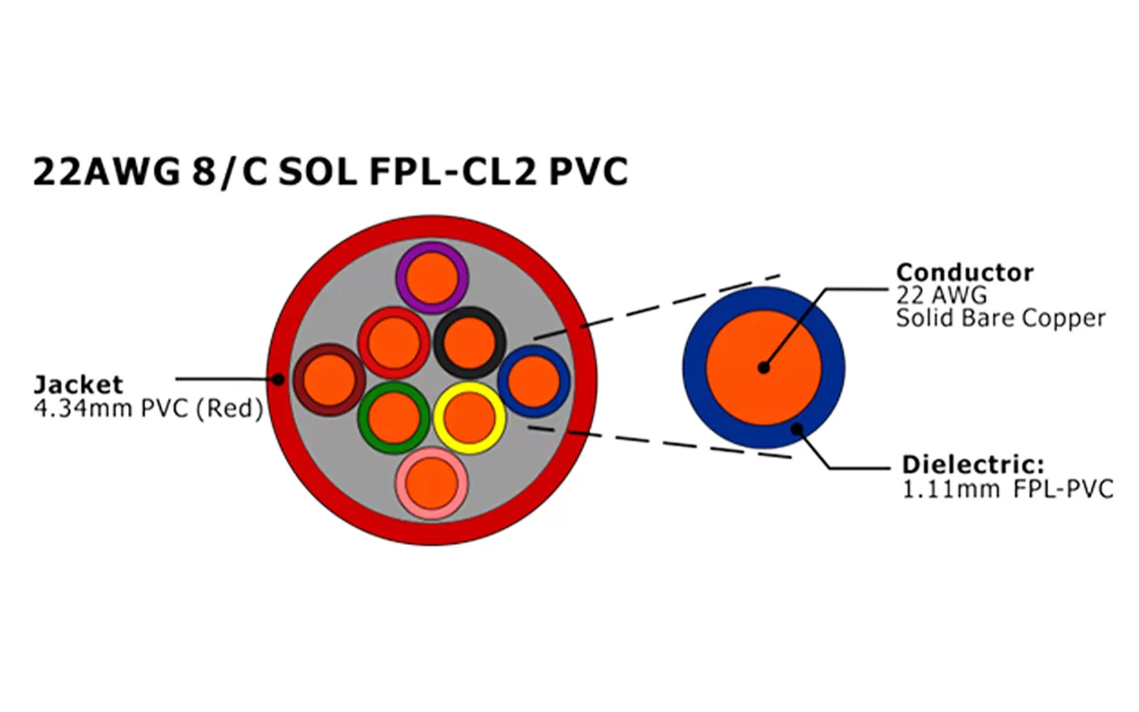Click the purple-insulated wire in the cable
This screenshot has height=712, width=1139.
point(432,277)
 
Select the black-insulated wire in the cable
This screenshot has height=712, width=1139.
point(470,342)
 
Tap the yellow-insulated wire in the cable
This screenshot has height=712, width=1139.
point(470,418)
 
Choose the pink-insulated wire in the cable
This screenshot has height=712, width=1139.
point(432,483)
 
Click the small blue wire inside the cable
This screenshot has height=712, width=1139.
point(533,381)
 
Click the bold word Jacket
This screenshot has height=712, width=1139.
point(78,384)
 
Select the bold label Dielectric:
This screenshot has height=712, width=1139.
point(973,465)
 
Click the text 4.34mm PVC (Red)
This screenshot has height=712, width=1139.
point(148,409)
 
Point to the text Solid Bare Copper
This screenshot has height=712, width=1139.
point(1001,318)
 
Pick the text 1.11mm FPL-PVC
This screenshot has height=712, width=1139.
point(1007,489)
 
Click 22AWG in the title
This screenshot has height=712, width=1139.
point(106,172)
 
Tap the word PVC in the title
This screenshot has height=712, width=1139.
point(588,172)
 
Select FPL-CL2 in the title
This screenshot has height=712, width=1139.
point(451,172)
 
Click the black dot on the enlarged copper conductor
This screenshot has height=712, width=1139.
point(763,368)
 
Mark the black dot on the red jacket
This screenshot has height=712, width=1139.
point(278,380)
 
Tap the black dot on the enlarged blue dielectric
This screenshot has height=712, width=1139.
point(797,429)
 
